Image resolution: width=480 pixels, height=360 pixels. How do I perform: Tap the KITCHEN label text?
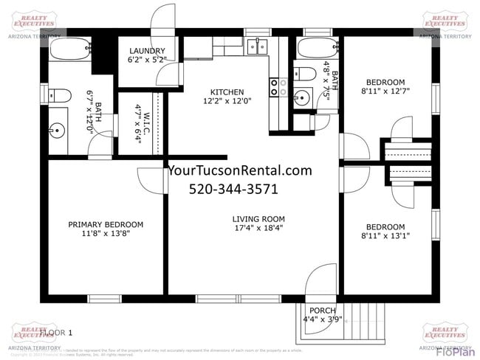point(227,91)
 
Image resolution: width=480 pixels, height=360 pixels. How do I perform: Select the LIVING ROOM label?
point(258,218)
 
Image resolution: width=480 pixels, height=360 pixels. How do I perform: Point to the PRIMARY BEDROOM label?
point(106,224)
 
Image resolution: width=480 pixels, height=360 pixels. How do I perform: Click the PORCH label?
point(322,311)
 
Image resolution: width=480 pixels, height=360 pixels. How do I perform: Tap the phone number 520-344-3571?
point(233,189)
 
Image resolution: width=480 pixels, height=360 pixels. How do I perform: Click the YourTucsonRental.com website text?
point(240,170)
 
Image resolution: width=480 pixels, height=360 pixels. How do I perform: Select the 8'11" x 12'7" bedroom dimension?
point(385,91)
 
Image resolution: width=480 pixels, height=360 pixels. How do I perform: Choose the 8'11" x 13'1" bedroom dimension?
point(385,236)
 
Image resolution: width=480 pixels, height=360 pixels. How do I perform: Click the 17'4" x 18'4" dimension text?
point(258,228)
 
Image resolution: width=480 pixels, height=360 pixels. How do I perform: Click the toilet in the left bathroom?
point(58,94)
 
